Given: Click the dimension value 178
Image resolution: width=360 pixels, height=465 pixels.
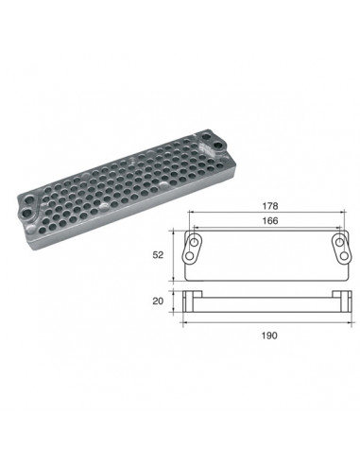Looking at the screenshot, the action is tap(270, 206).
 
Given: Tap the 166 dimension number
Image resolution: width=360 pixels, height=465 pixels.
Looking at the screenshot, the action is tap(270, 221).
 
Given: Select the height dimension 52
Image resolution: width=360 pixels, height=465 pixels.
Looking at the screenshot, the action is tap(158, 255).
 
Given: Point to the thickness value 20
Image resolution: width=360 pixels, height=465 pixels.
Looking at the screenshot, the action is tap(158, 301).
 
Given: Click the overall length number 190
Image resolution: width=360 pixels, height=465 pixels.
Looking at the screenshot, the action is tap(269, 336).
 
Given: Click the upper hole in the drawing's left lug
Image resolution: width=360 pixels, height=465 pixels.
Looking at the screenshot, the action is tap(195, 243).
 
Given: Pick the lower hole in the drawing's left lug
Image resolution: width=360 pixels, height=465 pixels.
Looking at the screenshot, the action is tap(190, 256).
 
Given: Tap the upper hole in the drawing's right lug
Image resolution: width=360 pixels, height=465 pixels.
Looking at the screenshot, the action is tap(339, 242).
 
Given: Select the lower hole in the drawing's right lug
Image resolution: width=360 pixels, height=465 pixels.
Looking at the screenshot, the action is tap(345, 256).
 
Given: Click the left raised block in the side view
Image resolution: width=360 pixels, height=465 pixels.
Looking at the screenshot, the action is tap(192, 294).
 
